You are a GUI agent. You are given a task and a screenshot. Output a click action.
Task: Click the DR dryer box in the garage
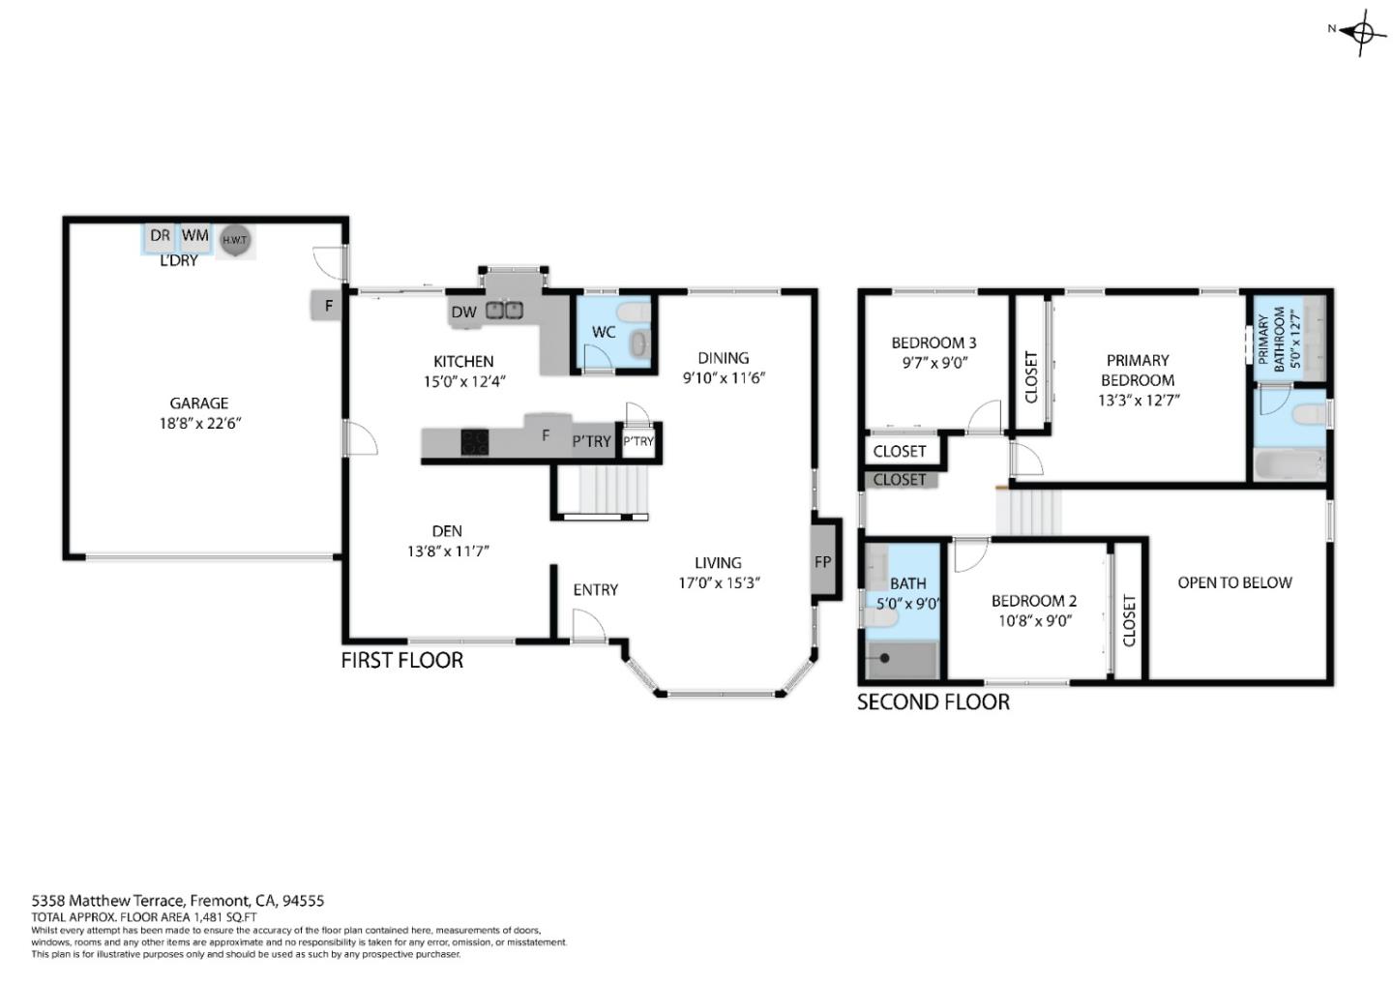pos(160,235)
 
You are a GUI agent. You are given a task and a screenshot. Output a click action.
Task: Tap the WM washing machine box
pos(195,235)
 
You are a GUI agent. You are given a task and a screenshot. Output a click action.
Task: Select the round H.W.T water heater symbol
pos(234,241)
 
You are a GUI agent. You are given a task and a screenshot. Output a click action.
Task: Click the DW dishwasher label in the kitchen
pos(463,312)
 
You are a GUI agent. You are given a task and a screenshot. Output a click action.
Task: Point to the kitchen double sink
pos(504,310)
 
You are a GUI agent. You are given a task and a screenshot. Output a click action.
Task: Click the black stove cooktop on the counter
pos(474,441)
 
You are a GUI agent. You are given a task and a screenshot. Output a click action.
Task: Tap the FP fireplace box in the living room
pos(822,561)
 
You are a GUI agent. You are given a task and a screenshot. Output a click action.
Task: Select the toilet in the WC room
pos(635,313)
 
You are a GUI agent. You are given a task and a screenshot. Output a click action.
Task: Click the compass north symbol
pos(1363,31)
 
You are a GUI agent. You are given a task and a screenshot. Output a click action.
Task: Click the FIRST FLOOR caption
pos(401,660)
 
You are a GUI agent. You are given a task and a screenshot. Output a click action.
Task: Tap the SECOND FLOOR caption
pos(933,702)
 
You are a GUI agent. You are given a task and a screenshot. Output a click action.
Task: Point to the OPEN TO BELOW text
pos(1234,582)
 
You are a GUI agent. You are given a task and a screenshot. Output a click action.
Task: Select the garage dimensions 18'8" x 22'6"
pos(199,423)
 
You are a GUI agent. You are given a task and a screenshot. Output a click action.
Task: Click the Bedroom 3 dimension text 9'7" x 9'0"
pos(933,363)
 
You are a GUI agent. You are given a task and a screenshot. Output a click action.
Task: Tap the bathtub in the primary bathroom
pos(1289,465)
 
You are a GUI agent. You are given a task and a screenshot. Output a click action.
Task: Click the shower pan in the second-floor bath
pos(902,659)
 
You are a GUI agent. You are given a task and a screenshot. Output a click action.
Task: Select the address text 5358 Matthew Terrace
pos(107,901)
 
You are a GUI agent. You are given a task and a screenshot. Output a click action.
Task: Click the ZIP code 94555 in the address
pos(303,901)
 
